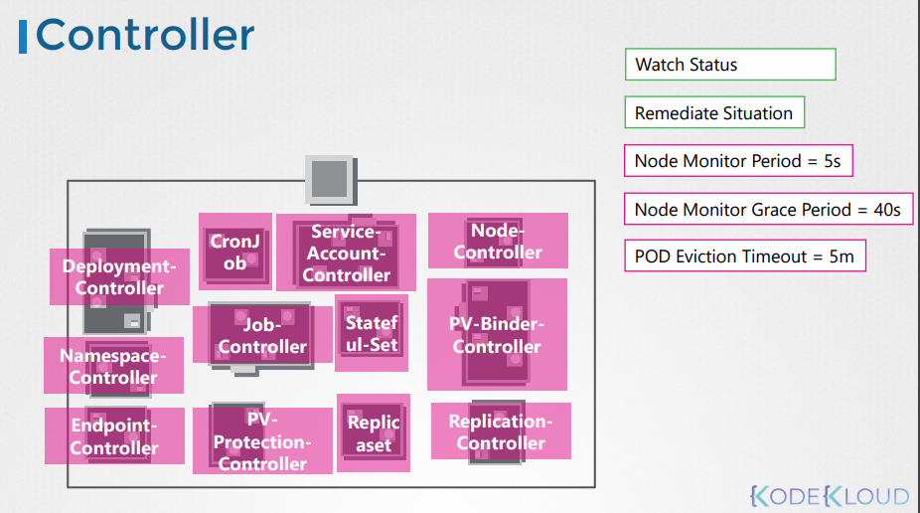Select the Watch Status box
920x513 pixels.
pyautogui.click(x=730, y=65)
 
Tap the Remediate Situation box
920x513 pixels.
pyautogui.click(x=713, y=112)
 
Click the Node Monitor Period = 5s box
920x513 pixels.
pyautogui.click(x=738, y=161)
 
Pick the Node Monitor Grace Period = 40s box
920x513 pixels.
pyautogui.click(x=768, y=210)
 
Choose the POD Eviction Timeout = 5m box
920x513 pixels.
pyautogui.click(x=745, y=256)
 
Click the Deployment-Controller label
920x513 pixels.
pyautogui.click(x=119, y=277)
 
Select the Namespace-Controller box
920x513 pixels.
pyautogui.click(x=113, y=366)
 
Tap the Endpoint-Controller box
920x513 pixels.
pyautogui.click(x=114, y=436)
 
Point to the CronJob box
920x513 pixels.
pyautogui.click(x=235, y=252)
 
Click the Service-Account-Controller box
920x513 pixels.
pyautogui.click(x=346, y=254)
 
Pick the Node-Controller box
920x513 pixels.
pyautogui.click(x=498, y=242)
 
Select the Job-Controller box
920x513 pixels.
pyautogui.click(x=262, y=335)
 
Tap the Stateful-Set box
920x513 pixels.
pyautogui.click(x=372, y=333)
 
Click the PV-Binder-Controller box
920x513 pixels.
pyautogui.click(x=497, y=335)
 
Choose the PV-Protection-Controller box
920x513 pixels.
pyautogui.click(x=262, y=441)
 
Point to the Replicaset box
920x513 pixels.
pyautogui.click(x=374, y=433)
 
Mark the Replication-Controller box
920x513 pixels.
pyautogui.click(x=501, y=431)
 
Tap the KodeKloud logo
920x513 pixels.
pyautogui.click(x=830, y=495)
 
